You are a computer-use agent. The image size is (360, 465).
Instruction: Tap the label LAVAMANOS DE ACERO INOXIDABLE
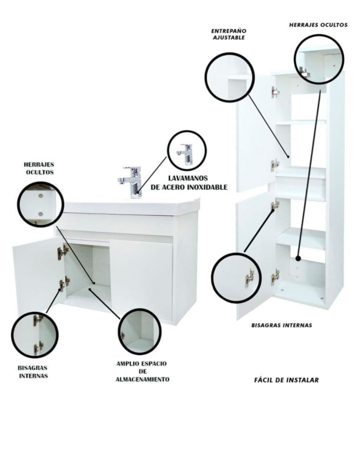point(189,183)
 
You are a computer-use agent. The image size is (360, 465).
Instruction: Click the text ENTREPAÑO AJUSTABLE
point(229,34)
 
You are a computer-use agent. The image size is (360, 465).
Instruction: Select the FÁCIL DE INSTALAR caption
point(287,380)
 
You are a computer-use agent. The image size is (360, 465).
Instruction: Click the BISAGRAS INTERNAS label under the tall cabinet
point(282,325)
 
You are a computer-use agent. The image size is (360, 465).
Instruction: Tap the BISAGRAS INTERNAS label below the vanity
point(33,372)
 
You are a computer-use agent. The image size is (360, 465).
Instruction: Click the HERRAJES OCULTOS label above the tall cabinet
point(318,25)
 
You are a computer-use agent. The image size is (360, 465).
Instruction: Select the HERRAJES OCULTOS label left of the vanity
point(39,168)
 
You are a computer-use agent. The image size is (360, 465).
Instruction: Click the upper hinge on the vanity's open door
point(63,252)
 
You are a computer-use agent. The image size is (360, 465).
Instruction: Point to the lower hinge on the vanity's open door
point(64,284)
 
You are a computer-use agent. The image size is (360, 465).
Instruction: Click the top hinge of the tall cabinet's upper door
point(275,92)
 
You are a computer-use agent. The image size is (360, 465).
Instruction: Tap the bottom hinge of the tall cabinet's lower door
point(275,277)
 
